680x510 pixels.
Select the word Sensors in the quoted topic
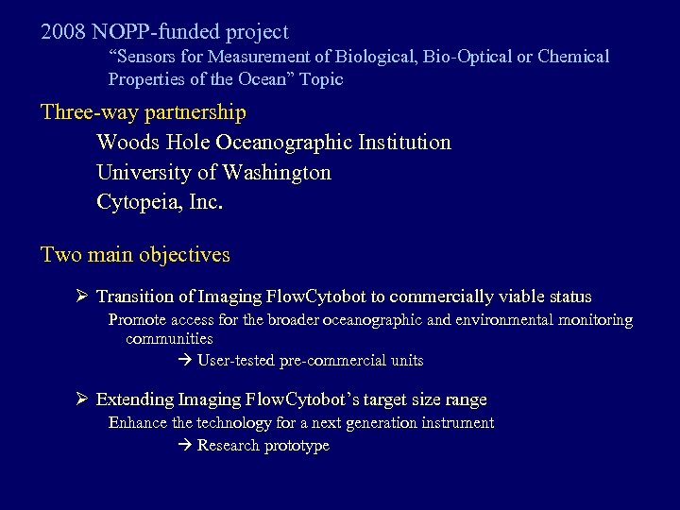coord(151,57)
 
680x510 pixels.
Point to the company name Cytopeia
coord(137,203)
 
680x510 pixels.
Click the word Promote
coord(138,320)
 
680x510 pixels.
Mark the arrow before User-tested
coord(184,361)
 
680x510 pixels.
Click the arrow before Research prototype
coord(184,446)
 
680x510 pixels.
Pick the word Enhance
coord(138,423)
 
